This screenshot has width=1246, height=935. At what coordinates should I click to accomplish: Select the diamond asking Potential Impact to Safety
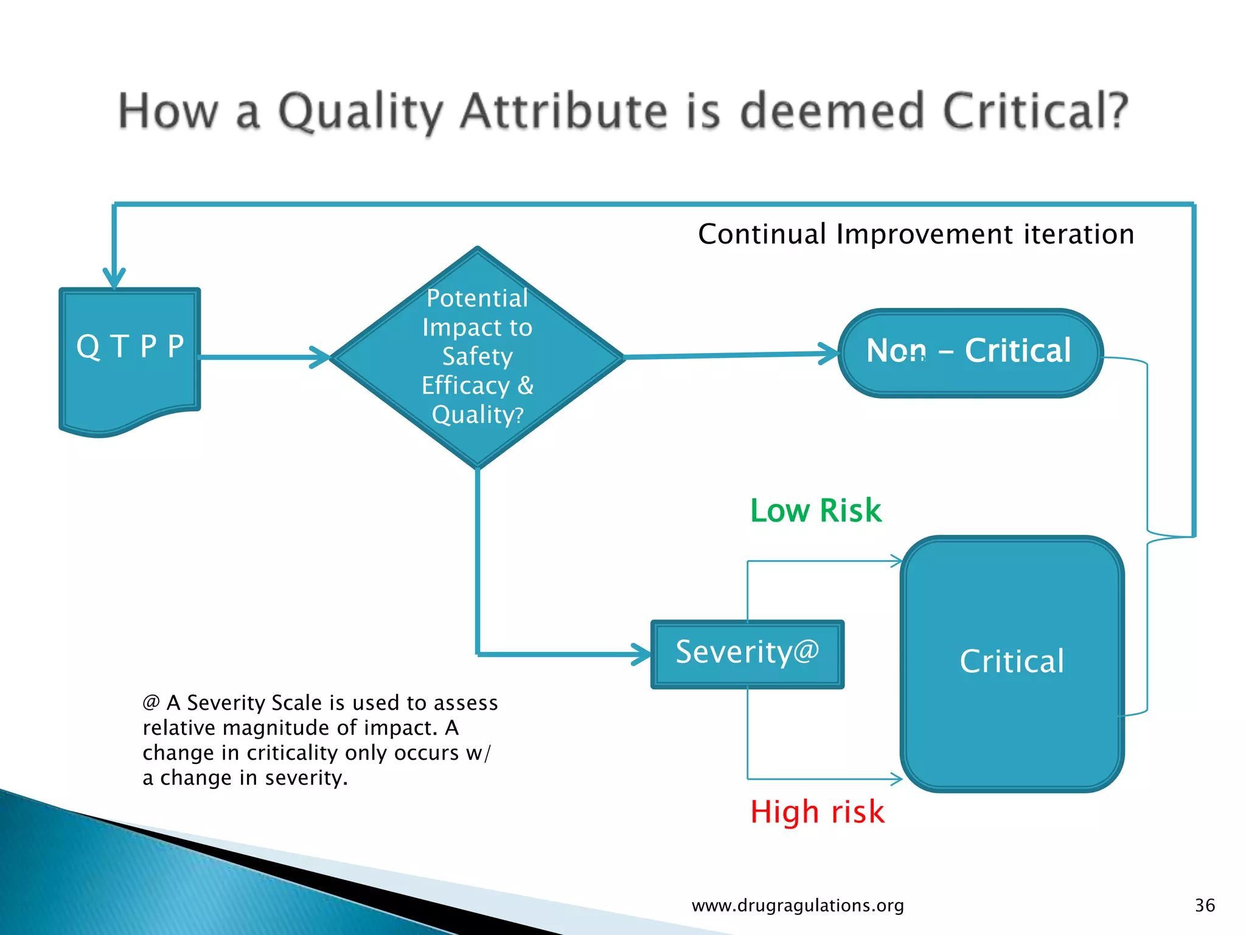coord(478,357)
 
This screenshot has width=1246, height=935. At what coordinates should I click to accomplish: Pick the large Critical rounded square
coord(1012,664)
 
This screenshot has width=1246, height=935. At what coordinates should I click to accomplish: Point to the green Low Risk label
coord(815,510)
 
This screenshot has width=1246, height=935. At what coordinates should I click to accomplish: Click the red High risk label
coord(817,811)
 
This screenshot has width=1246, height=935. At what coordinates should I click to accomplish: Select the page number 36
coord(1205,905)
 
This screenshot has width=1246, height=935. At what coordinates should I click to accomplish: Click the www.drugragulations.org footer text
coord(798,905)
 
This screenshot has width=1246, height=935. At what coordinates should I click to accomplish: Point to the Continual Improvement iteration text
coord(916,234)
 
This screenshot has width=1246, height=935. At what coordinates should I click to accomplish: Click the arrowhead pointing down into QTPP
coord(114,279)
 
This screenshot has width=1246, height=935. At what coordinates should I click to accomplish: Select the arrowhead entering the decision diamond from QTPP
coord(320,357)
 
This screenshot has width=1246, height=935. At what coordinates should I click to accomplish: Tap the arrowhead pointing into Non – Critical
coord(829,353)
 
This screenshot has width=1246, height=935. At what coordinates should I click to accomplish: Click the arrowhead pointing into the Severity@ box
coord(642,654)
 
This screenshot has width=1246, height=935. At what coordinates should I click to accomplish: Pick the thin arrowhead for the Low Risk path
coord(897,561)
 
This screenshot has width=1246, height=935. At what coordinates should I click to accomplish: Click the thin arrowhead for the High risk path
coord(897,779)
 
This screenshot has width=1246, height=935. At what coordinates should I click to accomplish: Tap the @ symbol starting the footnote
coord(151,702)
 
